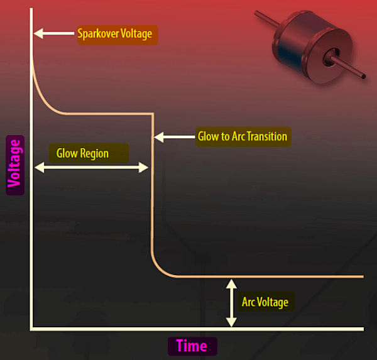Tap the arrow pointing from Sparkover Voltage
[54, 33]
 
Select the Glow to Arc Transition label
[243, 136]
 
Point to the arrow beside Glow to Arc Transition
[174, 137]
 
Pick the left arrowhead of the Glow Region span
[40, 167]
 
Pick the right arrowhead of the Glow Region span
[143, 167]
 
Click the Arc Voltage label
[266, 302]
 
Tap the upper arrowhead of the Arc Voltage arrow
[231, 283]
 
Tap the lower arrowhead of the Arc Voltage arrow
[231, 322]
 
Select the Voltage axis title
[15, 165]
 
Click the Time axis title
[192, 346]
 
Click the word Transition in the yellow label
[267, 136]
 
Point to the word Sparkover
[98, 33]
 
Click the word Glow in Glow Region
[67, 153]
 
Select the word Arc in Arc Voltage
[249, 302]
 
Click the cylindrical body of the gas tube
[312, 47]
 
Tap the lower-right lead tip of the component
[364, 77]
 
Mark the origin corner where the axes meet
[31, 329]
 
